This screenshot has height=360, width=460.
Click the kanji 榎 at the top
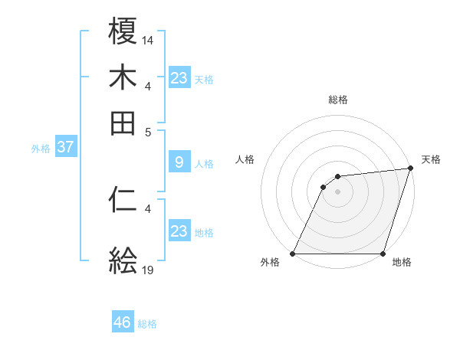pos(123,33)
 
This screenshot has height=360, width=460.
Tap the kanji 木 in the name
pos(123,78)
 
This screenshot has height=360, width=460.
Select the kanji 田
pos(123,123)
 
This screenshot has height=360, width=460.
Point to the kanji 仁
pos(123,200)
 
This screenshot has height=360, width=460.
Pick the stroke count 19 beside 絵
pos(148,269)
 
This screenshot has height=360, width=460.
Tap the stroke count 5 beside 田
pos(149,131)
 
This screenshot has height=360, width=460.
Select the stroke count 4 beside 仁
pos(148,208)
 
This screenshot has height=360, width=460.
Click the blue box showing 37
pos(65,147)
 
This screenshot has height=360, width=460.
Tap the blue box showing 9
pos(179,162)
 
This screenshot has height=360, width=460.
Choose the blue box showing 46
pos(123,322)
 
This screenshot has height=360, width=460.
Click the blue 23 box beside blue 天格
pos(179,78)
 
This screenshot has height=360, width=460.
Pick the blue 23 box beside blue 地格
pos(179,231)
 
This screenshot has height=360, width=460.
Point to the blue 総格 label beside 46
pos(147,324)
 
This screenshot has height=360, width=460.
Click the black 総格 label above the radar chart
pos(337,100)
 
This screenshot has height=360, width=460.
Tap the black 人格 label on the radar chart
pos(245,159)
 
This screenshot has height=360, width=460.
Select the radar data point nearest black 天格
pos(410,169)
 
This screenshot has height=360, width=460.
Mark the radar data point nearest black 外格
pos(292,254)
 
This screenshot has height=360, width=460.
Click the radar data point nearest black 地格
pos(383,254)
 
